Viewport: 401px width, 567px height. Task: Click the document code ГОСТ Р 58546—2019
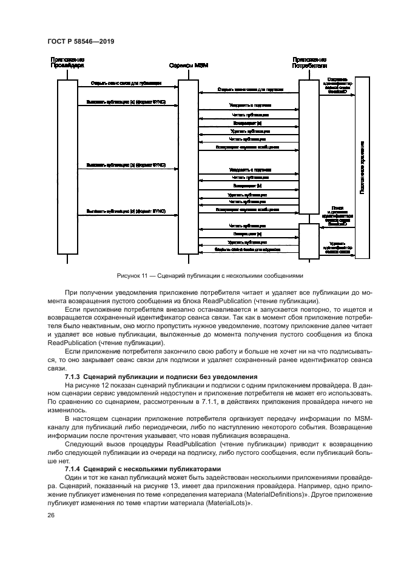(81, 42)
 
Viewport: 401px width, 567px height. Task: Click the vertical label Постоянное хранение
(362, 167)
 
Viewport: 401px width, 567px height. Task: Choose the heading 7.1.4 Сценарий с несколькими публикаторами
(141, 469)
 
